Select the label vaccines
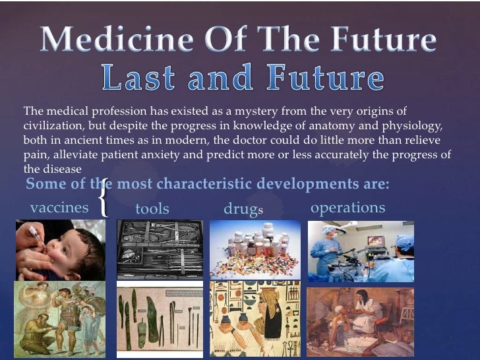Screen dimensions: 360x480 59,208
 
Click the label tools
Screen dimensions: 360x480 152,209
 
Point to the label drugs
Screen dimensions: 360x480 243,209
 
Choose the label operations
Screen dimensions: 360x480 347,208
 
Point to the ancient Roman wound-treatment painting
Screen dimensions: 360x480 60,320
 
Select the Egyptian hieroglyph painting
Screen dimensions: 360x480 255,320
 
